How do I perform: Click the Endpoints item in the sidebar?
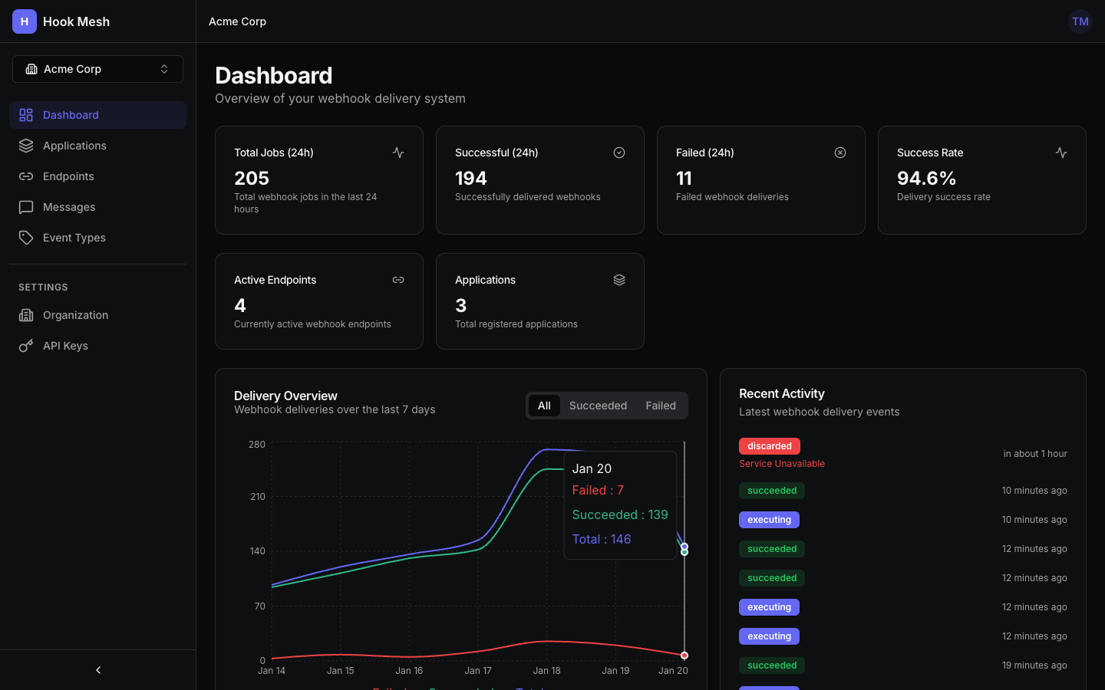[x=68, y=176]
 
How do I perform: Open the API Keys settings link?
[x=65, y=346]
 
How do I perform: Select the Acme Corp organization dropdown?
[x=97, y=69]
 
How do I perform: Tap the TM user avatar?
[x=1080, y=21]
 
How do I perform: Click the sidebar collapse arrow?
[x=98, y=670]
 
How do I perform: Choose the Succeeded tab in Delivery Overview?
[x=598, y=406]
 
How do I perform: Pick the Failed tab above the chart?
[x=660, y=406]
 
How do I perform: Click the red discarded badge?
[x=769, y=446]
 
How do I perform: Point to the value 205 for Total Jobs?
[x=252, y=179]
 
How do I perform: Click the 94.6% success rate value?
[x=926, y=179]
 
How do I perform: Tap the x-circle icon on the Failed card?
[x=840, y=153]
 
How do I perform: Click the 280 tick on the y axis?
[x=257, y=445]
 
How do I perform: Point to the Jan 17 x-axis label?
[x=477, y=671]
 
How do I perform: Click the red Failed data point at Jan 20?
[x=684, y=655]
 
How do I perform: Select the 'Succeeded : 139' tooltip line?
[x=620, y=514]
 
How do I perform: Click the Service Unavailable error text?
[x=781, y=464]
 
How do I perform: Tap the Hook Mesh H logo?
[x=25, y=21]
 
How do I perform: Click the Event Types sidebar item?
[x=74, y=238]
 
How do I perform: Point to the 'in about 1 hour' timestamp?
[x=1034, y=454]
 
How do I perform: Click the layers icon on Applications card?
[x=619, y=280]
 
